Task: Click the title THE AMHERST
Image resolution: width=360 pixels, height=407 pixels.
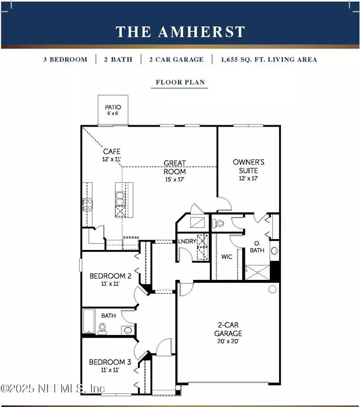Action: pos(180,32)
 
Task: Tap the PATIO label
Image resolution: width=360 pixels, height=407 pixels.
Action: pos(113,107)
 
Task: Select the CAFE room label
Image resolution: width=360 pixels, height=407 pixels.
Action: pos(112,151)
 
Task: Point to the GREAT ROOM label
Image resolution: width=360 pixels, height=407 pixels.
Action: pos(175,167)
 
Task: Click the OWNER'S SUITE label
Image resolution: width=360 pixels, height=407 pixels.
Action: pos(248,167)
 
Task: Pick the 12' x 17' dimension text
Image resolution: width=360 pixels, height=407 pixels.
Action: pos(248,178)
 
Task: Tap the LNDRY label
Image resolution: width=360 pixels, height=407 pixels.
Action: pos(187,241)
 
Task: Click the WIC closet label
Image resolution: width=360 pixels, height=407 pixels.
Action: pos(227,257)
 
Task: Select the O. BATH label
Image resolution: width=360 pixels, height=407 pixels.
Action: pos(257,247)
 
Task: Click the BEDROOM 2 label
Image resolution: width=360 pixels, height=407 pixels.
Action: pos(110,276)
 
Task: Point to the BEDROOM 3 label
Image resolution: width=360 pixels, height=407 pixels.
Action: pos(110,362)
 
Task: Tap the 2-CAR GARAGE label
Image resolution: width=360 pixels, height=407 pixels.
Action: pos(228,329)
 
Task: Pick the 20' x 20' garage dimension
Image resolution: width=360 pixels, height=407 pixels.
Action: pos(228,341)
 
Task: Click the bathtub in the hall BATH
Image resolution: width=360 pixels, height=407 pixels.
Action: pos(89,321)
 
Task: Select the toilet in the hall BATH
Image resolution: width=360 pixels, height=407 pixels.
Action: pos(102,329)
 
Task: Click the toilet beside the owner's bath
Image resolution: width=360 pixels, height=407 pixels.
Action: pos(218,223)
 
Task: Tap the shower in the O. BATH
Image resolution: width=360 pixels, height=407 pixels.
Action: pos(257,273)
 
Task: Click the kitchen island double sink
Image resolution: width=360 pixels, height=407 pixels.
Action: pos(120,199)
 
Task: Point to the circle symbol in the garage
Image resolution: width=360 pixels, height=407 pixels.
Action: pos(272,289)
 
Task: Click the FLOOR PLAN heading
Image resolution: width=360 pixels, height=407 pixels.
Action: pos(180,82)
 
